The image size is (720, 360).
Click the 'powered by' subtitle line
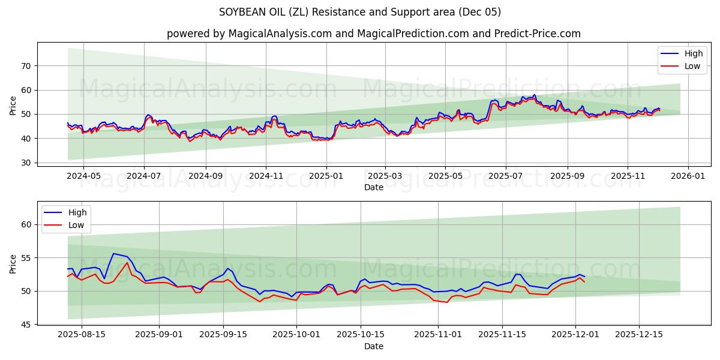(373, 34)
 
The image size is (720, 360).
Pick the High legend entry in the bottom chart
(67, 212)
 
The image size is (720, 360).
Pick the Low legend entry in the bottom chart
(67, 225)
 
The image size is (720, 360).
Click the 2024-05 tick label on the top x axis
(83, 177)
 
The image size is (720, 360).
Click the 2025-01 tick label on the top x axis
(326, 177)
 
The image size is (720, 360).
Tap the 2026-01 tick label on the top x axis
(688, 177)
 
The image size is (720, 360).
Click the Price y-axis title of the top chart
(13, 104)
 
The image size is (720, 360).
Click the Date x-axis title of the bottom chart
(373, 346)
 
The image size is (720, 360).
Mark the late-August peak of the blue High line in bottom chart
(113, 253)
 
